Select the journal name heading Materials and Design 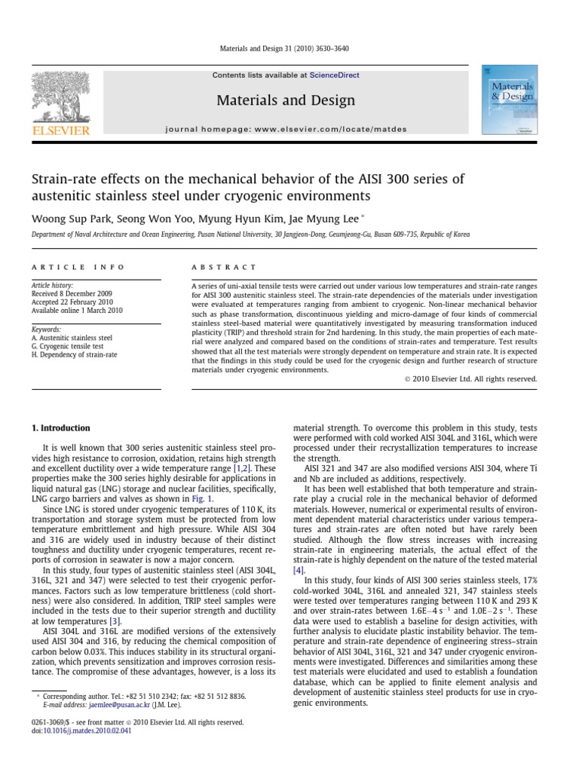pos(285,100)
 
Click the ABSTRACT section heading pos(225,267)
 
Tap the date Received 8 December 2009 pos(72,295)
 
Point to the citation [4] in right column pos(299,570)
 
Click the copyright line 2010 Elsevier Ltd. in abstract pos(470,378)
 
